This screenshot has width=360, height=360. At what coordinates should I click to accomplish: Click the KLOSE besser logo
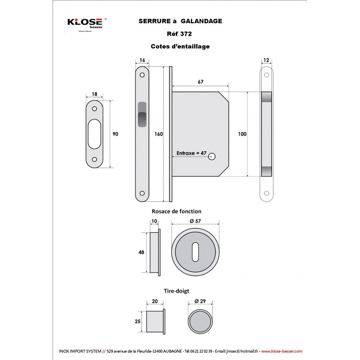point(87,23)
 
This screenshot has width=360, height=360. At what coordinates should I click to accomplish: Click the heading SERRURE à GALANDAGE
point(180,21)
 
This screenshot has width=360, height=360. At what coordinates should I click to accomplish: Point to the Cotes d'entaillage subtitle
point(180,46)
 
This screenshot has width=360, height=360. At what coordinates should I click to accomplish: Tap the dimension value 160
point(158,134)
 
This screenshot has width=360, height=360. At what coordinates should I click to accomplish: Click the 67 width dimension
point(201,82)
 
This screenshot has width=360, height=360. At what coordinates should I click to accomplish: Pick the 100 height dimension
point(242,134)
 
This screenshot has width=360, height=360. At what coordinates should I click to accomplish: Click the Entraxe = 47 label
point(191,153)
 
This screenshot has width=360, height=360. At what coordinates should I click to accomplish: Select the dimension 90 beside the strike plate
point(115,134)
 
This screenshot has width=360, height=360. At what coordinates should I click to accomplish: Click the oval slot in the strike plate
point(95,134)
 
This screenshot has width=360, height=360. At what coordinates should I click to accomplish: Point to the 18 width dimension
point(95,94)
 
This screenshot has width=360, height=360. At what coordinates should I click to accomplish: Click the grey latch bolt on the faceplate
point(142,114)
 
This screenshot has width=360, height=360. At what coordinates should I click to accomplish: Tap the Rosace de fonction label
point(176,211)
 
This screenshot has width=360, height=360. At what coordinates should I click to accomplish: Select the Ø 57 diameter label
point(195,221)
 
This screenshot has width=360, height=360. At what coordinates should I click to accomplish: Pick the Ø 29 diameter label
point(200,301)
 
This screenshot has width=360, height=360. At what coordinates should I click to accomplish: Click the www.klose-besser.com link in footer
point(282,351)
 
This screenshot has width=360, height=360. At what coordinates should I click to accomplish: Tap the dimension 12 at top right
point(266,60)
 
